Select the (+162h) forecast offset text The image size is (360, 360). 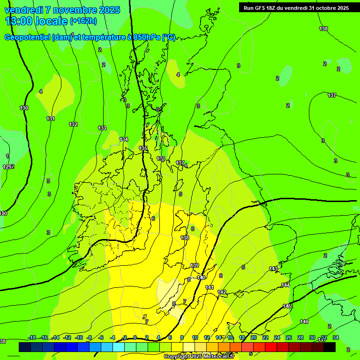coord(83,21)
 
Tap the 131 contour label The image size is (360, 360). coord(51,119)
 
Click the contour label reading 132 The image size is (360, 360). coord(73,124)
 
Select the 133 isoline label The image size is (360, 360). coord(102,128)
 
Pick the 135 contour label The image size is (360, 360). coord(143,148)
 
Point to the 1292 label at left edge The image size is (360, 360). coord(8,167)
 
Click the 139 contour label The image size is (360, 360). coord(195,265)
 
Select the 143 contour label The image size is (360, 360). coord(273,269)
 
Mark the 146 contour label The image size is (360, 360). coord(304,322)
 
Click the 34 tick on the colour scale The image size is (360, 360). coord(335,337)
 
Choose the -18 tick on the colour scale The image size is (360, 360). coord(32,337)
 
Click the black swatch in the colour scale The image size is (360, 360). coord(330,347)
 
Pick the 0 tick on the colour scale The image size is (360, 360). coord(135,337)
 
